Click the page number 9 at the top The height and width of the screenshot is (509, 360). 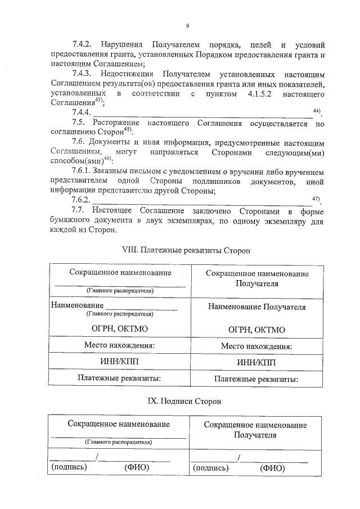click(187, 25)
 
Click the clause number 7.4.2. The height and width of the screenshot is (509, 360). click(84, 44)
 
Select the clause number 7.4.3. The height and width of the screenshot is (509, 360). click(84, 74)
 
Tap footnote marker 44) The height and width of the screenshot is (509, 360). click(316, 111)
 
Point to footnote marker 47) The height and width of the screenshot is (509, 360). click(316, 198)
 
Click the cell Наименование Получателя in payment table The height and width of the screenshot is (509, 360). click(256, 308)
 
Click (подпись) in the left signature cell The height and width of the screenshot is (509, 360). click(69, 467)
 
